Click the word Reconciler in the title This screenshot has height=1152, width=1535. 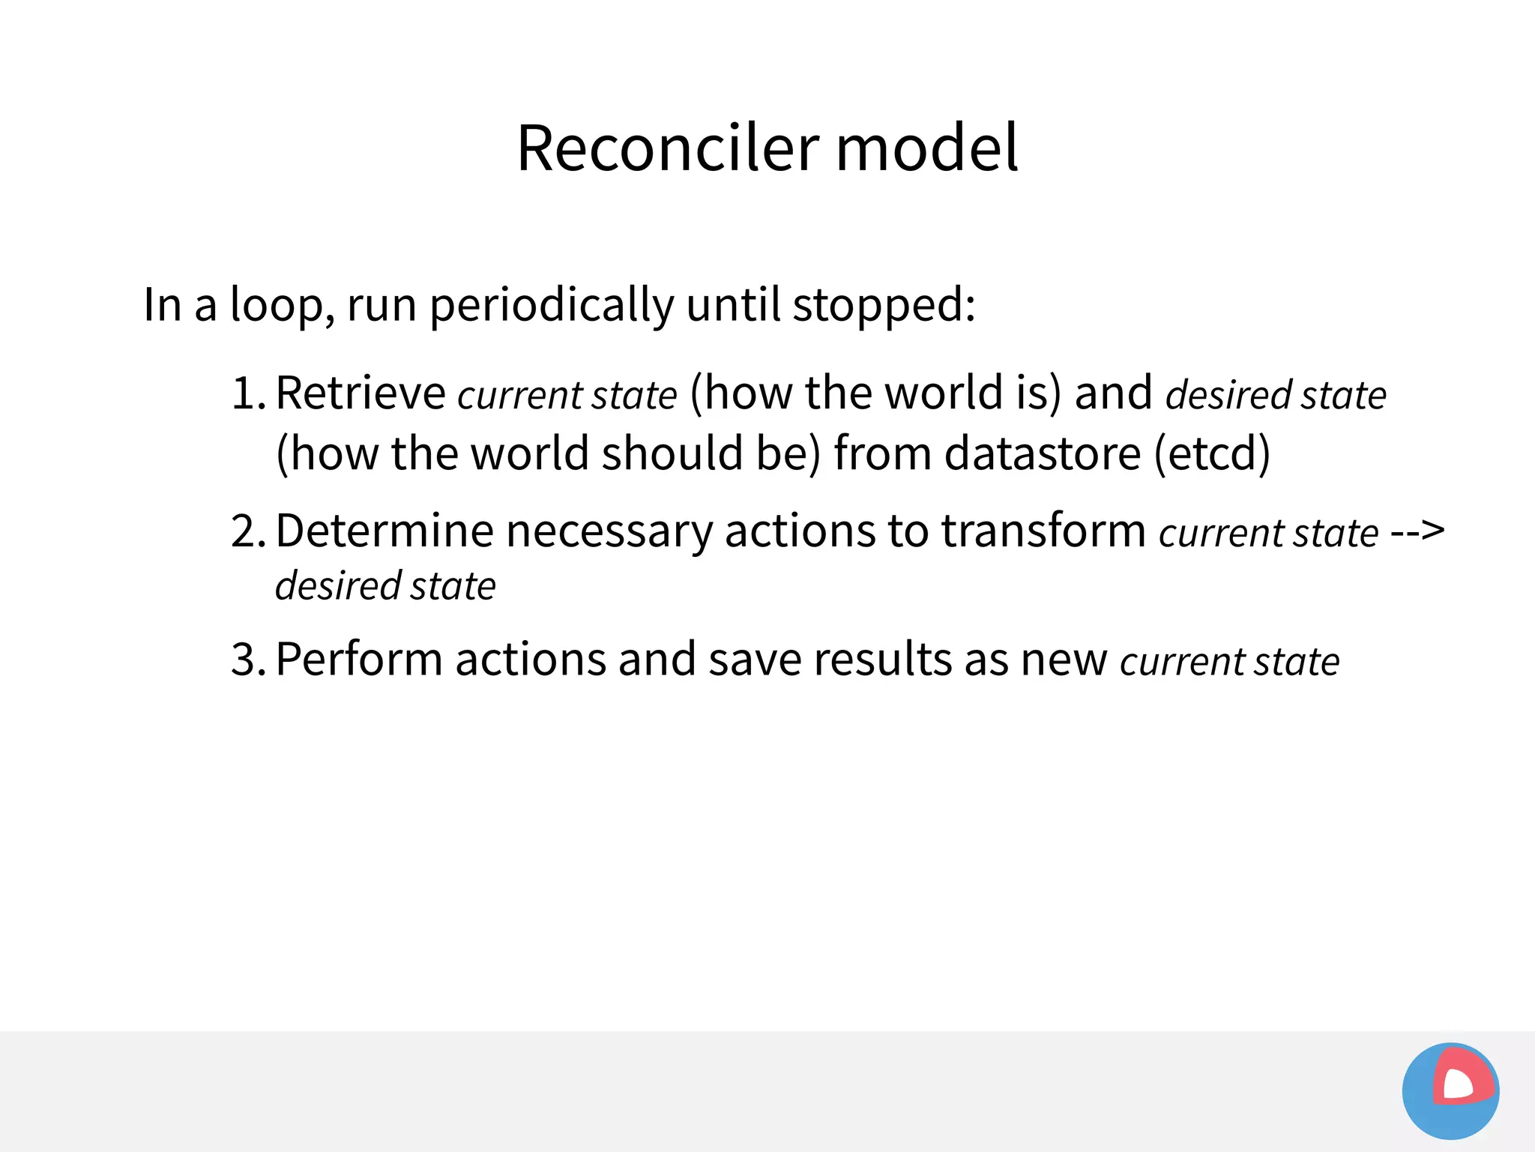[668, 148]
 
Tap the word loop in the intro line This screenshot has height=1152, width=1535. [276, 306]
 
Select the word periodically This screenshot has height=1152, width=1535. [552, 306]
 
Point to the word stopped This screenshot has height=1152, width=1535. [883, 306]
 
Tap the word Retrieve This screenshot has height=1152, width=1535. [361, 393]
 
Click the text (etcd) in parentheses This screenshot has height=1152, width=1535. [1212, 453]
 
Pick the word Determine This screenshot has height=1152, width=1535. [384, 531]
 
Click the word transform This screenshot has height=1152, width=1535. [1043, 531]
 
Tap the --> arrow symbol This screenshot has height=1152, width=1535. [1417, 531]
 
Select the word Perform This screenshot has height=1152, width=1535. [359, 660]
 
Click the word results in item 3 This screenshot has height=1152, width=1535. [883, 660]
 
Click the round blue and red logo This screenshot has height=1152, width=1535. [1450, 1091]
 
